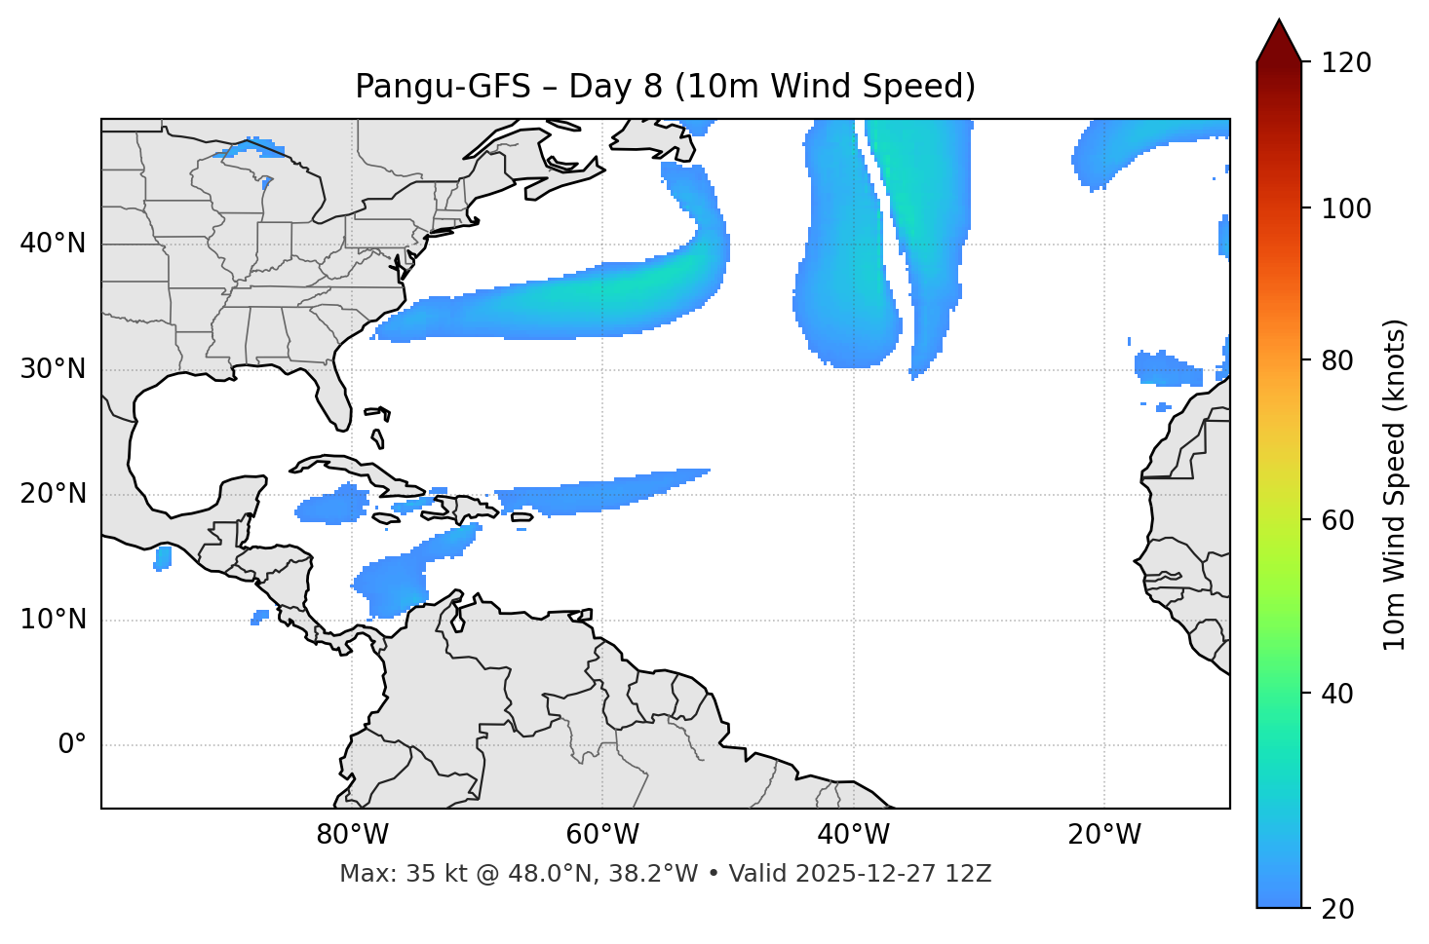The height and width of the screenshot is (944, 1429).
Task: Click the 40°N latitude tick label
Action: click(53, 244)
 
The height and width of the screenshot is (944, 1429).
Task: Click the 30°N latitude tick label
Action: click(53, 369)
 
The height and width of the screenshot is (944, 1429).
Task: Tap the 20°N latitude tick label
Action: click(53, 494)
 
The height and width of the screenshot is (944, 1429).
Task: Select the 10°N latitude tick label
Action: click(53, 620)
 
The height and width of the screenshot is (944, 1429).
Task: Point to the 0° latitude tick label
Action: click(72, 745)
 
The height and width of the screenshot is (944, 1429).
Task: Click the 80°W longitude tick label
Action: click(352, 835)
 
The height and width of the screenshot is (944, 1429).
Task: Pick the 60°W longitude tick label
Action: click(602, 835)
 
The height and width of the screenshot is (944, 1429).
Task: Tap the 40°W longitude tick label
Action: click(854, 835)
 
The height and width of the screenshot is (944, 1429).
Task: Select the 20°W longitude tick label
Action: click(1104, 835)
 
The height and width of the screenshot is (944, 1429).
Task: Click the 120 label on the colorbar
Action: click(1346, 63)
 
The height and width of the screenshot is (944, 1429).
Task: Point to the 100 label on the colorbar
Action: click(1346, 209)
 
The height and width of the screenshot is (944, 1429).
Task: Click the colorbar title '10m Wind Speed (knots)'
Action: click(1395, 484)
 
